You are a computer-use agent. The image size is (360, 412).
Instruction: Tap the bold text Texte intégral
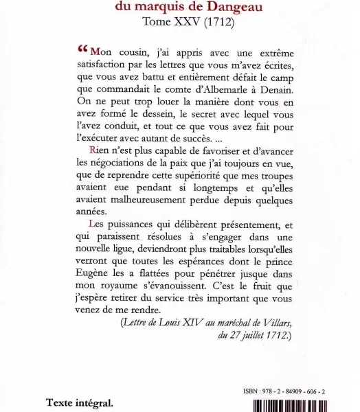click(80, 402)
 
